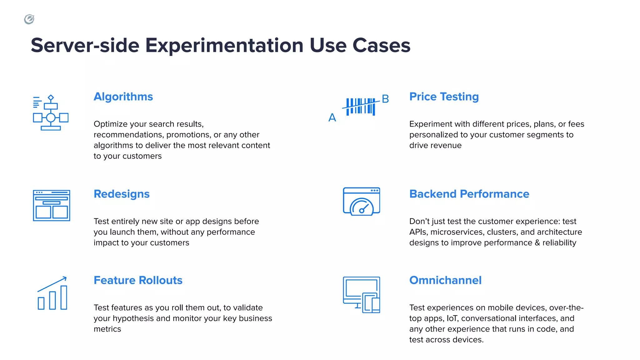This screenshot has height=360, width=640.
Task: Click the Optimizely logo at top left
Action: click(29, 19)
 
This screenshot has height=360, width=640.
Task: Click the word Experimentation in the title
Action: click(224, 46)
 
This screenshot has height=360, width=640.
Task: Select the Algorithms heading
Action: click(123, 97)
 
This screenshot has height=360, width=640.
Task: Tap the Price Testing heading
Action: click(444, 97)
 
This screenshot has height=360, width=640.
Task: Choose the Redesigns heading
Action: click(122, 194)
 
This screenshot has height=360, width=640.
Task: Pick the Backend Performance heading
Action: click(469, 194)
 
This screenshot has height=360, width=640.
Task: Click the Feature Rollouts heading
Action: click(138, 280)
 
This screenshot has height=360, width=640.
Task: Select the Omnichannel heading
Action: click(445, 280)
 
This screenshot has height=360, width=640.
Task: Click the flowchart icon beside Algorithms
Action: click(51, 113)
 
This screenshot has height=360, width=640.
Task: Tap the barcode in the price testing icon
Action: click(361, 107)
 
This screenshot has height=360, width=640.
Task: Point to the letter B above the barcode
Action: click(385, 99)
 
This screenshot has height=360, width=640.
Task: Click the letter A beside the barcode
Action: click(332, 118)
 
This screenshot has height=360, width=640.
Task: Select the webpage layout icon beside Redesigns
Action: click(52, 206)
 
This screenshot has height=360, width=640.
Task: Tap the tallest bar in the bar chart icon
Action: click(64, 297)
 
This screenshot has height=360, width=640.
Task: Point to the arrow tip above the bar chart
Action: click(65, 277)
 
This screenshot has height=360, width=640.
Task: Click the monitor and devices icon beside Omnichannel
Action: click(361, 295)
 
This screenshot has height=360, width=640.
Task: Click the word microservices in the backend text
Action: click(457, 232)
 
